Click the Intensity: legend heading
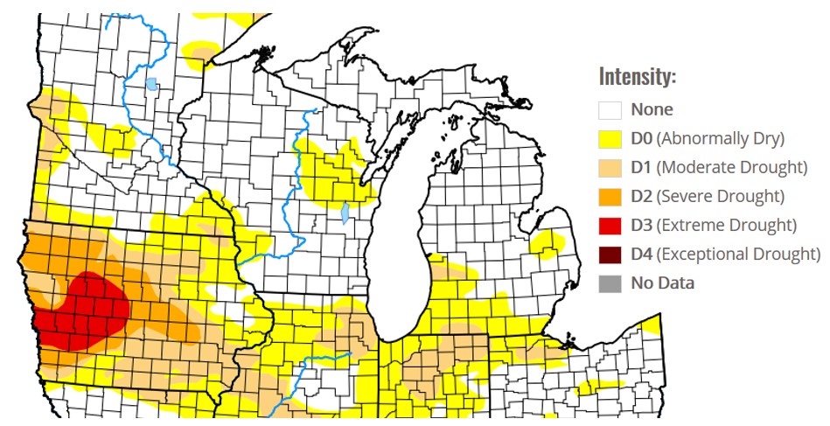(x=637, y=77)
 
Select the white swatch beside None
(x=610, y=110)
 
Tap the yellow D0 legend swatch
(x=610, y=138)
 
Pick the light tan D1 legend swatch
(x=610, y=167)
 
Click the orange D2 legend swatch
(x=610, y=196)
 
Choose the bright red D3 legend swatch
(x=610, y=225)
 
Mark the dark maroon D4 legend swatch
(x=610, y=254)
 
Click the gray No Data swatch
(x=610, y=283)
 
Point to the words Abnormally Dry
(x=721, y=138)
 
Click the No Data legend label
(x=662, y=283)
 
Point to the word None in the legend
(x=652, y=110)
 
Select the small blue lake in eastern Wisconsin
(x=345, y=213)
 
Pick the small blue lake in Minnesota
(x=151, y=85)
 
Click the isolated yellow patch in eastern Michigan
(x=549, y=242)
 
